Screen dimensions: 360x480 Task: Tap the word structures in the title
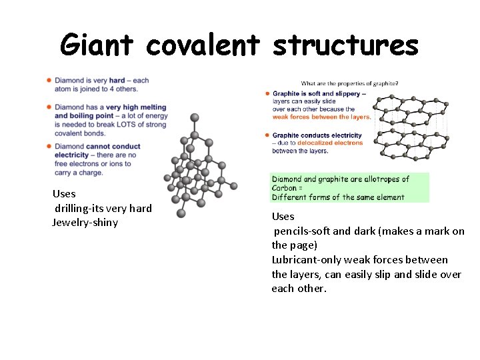coord(345,45)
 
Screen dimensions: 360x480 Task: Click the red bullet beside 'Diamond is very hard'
coord(49,81)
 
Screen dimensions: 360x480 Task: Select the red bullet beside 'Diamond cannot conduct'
coord(49,146)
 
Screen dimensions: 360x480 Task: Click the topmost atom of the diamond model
coord(195,117)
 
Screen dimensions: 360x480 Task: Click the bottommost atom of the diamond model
coord(181,213)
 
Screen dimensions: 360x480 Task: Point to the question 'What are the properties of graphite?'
coord(350,83)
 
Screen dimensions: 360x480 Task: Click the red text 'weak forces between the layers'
coord(321,117)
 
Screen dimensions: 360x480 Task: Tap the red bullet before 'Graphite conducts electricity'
coord(267,135)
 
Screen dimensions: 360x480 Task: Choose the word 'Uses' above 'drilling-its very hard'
coord(64,194)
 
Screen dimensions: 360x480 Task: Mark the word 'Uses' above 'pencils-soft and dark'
coord(283,217)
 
